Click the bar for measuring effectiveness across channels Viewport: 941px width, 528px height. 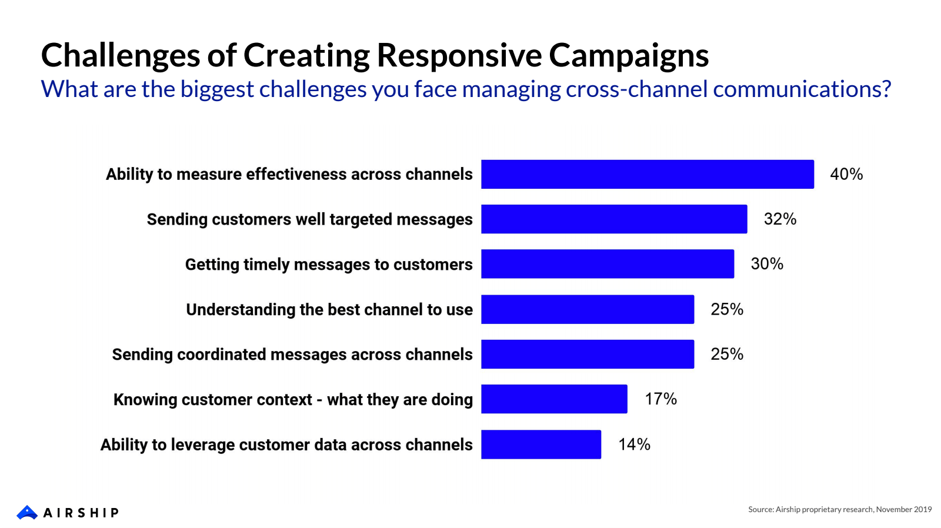pyautogui.click(x=647, y=174)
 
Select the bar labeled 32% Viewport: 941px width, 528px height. pyautogui.click(x=614, y=219)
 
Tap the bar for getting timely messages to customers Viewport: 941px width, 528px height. pyautogui.click(x=608, y=264)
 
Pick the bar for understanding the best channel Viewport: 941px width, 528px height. pyautogui.click(x=588, y=309)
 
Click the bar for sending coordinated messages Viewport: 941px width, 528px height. pyautogui.click(x=588, y=354)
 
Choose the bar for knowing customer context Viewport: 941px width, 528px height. pyautogui.click(x=554, y=399)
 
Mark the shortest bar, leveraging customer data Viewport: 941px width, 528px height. pyautogui.click(x=541, y=445)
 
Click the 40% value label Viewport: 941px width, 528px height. pyautogui.click(x=846, y=174)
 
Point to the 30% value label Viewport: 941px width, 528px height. pyautogui.click(x=767, y=264)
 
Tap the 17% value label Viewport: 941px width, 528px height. pyautogui.click(x=660, y=399)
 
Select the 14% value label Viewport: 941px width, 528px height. pyautogui.click(x=634, y=445)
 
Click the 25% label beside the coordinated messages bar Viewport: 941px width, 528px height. pyautogui.click(x=727, y=354)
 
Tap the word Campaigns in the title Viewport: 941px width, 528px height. pyautogui.click(x=629, y=56)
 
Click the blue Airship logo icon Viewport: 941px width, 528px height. pyautogui.click(x=27, y=512)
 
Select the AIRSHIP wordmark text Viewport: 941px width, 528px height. pyautogui.click(x=81, y=513)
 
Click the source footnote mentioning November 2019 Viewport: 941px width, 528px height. pyautogui.click(x=839, y=509)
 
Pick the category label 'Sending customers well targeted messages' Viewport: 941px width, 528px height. pyautogui.click(x=309, y=219)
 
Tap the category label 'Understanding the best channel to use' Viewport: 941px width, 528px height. pyautogui.click(x=329, y=309)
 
